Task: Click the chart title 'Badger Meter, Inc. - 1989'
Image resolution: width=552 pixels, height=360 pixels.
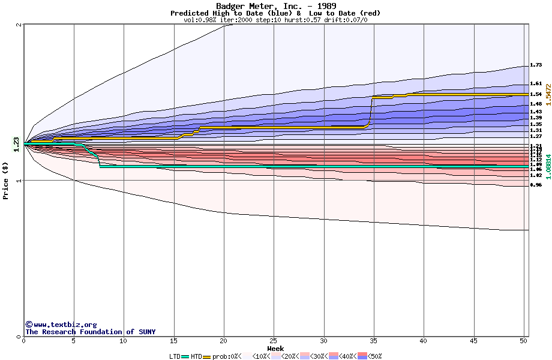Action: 275,6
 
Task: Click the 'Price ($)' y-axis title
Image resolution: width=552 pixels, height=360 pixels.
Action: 6,179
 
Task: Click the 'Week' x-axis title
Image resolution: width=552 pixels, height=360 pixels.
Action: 275,349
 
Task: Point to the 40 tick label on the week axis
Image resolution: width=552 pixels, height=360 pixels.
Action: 424,341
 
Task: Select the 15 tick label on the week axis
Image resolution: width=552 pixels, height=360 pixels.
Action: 174,341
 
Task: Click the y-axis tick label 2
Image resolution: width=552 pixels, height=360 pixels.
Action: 20,25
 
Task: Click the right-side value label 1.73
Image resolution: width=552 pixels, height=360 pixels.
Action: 536,65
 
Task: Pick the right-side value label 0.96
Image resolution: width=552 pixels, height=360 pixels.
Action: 536,185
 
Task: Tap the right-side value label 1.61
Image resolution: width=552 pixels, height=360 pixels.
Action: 536,84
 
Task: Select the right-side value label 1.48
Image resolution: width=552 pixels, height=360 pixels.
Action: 536,104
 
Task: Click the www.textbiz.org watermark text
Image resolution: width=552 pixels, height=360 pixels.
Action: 61,325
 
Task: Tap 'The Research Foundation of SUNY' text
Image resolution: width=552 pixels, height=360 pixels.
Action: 90,332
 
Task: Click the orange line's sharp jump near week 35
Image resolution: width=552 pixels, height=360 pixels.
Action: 371,111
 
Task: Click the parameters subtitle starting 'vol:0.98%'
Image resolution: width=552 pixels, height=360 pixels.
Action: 275,20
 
